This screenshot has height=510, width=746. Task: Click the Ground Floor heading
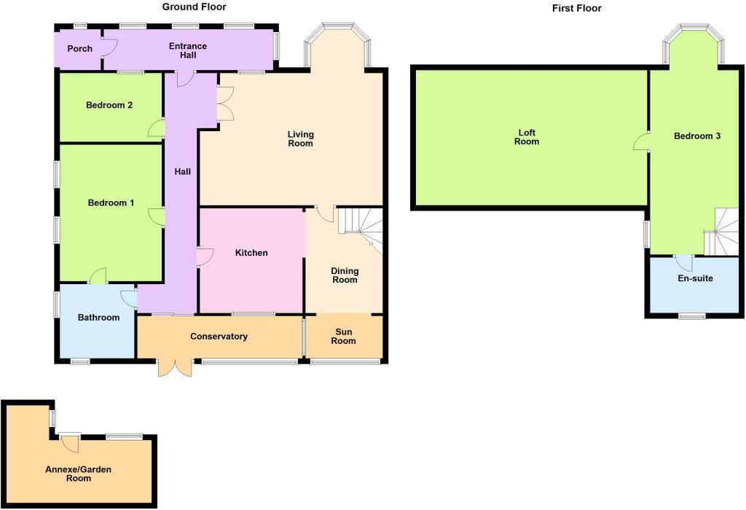(194, 7)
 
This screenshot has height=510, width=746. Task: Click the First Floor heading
(577, 8)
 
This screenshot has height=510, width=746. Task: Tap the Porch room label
(79, 49)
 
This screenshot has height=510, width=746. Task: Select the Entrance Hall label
(188, 51)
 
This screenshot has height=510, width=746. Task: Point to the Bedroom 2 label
(109, 105)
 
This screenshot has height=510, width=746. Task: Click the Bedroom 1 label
(111, 203)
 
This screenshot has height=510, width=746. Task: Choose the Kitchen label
(251, 253)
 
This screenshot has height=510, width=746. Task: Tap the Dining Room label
(345, 275)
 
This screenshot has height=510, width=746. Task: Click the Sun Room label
(345, 336)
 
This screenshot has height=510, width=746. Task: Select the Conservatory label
(219, 337)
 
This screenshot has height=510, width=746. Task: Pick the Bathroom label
(98, 318)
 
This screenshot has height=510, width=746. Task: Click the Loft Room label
(527, 137)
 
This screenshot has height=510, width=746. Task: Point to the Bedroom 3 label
(697, 136)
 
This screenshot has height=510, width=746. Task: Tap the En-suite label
(695, 278)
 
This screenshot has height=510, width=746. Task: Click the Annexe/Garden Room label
(79, 474)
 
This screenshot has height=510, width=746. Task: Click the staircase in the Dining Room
(364, 227)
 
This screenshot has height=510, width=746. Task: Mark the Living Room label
(300, 138)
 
